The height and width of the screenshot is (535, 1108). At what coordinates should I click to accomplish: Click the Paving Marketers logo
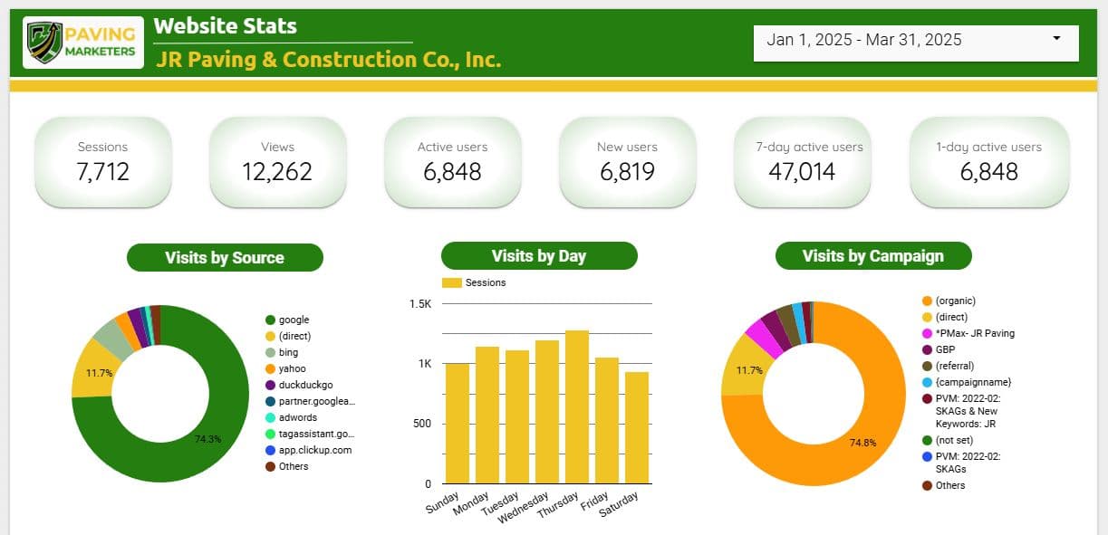pos(83,43)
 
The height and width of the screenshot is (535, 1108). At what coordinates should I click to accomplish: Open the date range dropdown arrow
pos(1056,38)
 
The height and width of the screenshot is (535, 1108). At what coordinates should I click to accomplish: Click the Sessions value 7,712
pos(103,172)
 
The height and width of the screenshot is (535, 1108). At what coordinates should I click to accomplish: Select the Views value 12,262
pos(277,172)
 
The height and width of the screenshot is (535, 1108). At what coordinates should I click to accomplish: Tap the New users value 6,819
pos(627,172)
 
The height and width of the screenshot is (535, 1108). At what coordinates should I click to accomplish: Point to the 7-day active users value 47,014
pos(802,172)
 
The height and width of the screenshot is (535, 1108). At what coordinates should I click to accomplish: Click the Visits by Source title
pos(225,258)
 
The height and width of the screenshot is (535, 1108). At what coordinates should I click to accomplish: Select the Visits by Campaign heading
pos(873,255)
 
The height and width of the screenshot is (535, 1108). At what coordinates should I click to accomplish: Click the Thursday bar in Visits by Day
pos(577,407)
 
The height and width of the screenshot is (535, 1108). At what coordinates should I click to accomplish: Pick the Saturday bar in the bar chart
pos(637,427)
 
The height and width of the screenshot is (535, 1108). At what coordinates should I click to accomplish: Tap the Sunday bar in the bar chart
pos(458,424)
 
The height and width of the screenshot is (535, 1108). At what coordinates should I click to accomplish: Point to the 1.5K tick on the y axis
pos(420,303)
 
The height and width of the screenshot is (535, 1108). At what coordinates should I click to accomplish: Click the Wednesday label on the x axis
pos(524,507)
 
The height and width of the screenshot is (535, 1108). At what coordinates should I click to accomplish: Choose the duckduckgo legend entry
pos(299,385)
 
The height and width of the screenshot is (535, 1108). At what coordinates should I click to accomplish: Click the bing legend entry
pos(282,352)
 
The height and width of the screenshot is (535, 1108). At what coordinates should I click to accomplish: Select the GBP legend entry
pos(939,349)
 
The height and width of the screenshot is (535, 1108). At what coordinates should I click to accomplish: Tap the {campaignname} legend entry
pos(967,382)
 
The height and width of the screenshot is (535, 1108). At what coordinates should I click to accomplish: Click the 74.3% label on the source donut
pos(207,439)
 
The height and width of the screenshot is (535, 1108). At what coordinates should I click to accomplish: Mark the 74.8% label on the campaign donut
pos(862,443)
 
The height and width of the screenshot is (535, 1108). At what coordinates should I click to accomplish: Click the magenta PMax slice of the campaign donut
pos(761,338)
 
